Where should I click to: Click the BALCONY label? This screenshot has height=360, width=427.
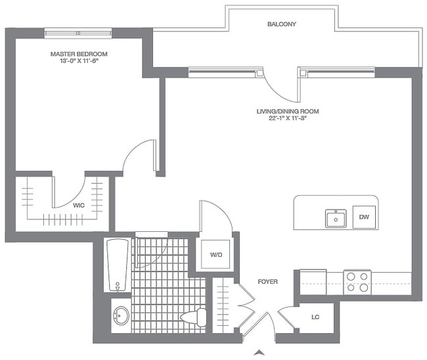[x=282, y=24]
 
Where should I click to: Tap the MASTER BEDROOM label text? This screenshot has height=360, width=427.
[x=79, y=54]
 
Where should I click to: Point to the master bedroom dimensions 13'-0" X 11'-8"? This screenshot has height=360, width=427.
[x=79, y=62]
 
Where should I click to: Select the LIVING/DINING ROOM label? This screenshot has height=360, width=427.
[x=282, y=112]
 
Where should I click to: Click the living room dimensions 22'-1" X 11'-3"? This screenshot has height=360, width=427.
[x=282, y=120]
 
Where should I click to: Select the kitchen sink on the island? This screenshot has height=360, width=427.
[x=336, y=217]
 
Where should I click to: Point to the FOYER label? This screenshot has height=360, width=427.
[x=267, y=282]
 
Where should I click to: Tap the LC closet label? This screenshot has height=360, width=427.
[x=315, y=317]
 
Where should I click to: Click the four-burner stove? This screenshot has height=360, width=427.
[x=357, y=282]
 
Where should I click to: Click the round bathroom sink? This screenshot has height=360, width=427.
[x=120, y=315]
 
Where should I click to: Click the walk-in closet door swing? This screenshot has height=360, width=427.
[x=70, y=191]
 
